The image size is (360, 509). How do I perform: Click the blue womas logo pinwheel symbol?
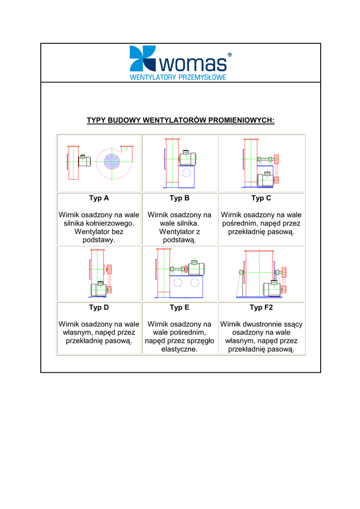142,58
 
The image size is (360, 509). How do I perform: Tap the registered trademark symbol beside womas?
229,55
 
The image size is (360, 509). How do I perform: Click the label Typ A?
99,198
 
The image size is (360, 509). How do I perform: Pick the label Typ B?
180,198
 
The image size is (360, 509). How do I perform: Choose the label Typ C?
261,198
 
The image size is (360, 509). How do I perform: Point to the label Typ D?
99,307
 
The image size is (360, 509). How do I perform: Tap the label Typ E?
180,307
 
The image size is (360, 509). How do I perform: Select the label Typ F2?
261,307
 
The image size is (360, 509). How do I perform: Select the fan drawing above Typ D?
99,273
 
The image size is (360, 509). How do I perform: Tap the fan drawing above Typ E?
180,273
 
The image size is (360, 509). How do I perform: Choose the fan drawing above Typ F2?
261,273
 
